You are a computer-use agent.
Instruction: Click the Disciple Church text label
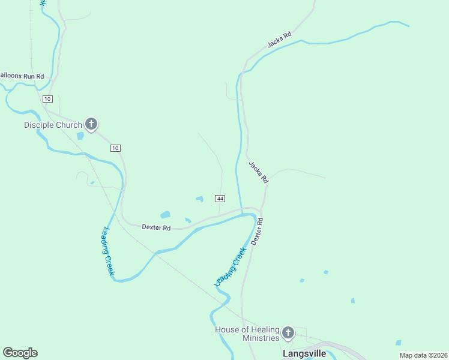point(52,125)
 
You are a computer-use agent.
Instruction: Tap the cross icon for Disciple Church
point(91,124)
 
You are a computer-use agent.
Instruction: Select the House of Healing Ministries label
point(248,334)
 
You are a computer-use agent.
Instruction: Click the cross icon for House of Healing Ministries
point(288,332)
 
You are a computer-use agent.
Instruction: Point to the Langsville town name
point(304,354)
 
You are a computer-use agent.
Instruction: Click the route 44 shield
point(220,199)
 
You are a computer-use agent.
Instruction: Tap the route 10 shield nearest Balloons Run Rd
point(48,98)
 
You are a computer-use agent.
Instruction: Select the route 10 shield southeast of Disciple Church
point(116,148)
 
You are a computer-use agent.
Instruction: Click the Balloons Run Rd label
point(22,76)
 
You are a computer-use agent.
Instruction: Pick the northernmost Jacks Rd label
point(279,40)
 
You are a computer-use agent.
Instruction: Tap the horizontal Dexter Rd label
point(156,227)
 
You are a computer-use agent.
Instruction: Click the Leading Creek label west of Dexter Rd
point(109,251)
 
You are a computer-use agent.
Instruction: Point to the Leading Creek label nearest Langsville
point(231,266)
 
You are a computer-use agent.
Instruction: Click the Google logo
point(20,353)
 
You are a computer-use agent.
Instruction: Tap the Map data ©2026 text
point(423,355)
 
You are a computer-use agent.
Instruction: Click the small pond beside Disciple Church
point(80,136)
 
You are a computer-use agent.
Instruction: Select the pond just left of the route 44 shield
point(199,199)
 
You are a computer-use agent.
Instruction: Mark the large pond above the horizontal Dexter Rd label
point(165,214)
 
